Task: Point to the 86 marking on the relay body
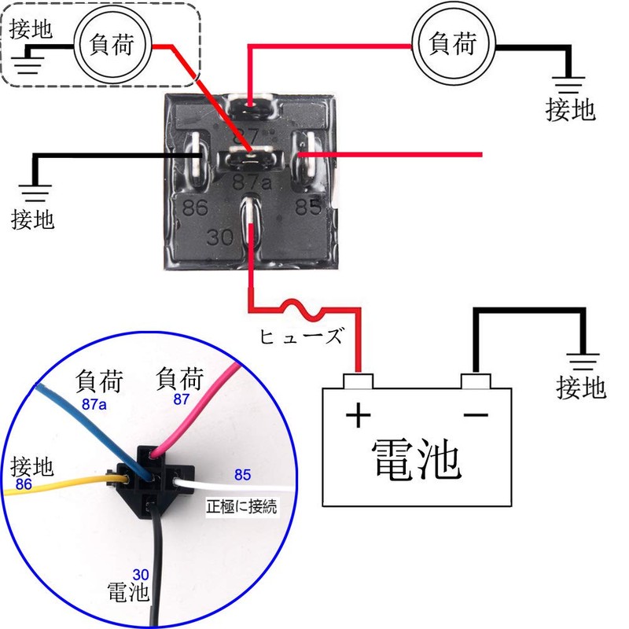click(195, 208)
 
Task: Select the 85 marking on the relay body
click(307, 208)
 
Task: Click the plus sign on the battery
click(358, 414)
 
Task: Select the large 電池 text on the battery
click(414, 459)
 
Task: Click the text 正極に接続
click(242, 506)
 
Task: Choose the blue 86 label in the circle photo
click(24, 484)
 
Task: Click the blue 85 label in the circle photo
click(242, 474)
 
